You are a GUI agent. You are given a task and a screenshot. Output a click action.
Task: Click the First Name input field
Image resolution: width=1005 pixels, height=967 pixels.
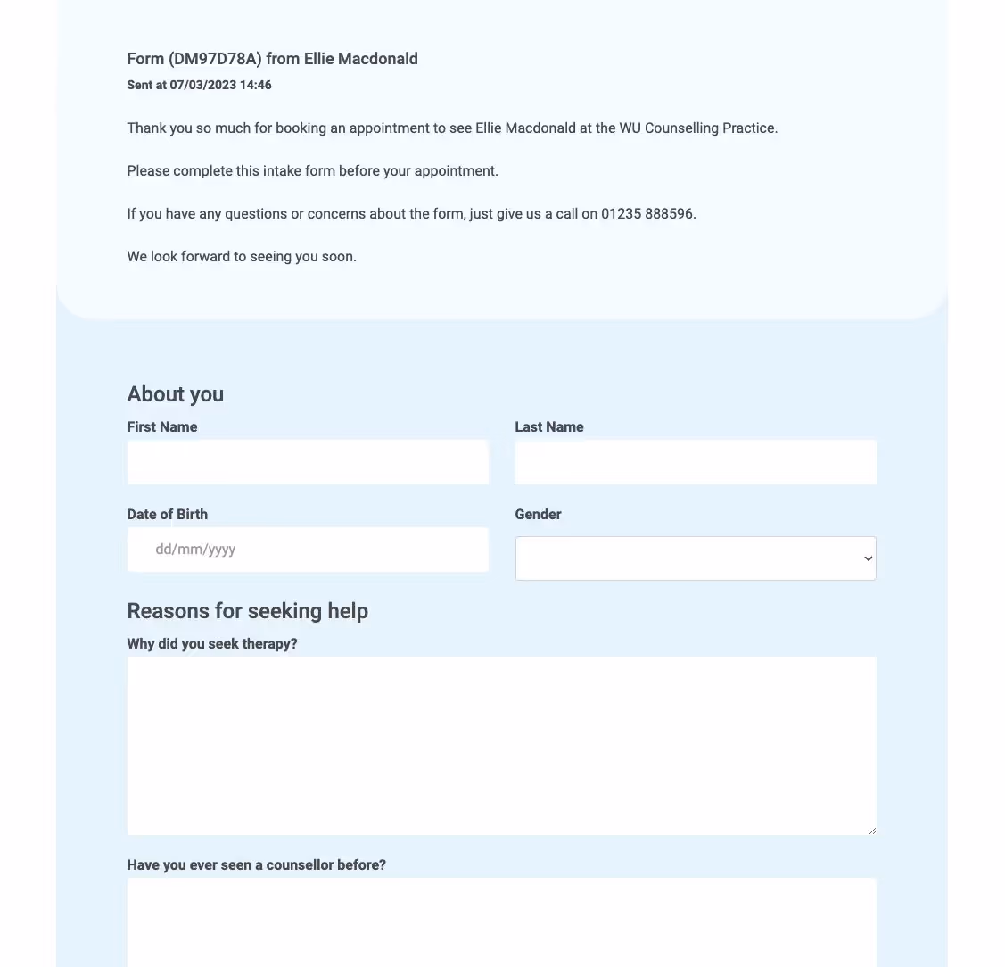pos(308,462)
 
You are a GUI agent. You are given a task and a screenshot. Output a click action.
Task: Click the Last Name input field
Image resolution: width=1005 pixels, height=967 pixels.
pos(696,462)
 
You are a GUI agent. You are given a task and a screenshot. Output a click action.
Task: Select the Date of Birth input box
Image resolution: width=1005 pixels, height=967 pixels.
pos(308,550)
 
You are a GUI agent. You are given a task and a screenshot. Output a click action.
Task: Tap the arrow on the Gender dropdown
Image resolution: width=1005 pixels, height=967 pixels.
pos(868,558)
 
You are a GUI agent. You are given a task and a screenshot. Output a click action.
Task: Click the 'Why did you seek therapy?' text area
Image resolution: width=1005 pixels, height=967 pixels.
pos(501,746)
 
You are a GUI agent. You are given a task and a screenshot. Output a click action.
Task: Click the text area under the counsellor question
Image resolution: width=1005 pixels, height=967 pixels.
pos(501,922)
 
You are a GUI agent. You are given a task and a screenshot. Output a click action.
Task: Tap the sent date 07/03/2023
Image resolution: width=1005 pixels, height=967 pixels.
pos(203,86)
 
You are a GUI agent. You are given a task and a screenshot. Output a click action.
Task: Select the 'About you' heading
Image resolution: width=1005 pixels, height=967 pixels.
pos(176,394)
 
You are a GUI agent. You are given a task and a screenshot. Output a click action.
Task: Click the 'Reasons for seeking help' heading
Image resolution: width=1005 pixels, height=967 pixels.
pos(248,611)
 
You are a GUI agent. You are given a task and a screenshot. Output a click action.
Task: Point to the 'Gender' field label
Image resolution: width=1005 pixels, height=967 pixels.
pos(538,515)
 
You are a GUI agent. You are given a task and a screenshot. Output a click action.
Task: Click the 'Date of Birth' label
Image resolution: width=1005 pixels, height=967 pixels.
pos(168,515)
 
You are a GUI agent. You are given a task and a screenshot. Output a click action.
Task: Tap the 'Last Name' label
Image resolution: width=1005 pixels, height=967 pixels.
pos(549,427)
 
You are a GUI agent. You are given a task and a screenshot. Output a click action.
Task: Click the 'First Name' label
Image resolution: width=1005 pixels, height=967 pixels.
pos(162,427)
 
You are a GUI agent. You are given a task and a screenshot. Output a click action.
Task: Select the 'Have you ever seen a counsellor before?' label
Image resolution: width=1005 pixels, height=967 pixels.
pos(257,865)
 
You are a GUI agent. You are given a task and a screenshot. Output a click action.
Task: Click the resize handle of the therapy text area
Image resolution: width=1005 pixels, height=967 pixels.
pos(871,831)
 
